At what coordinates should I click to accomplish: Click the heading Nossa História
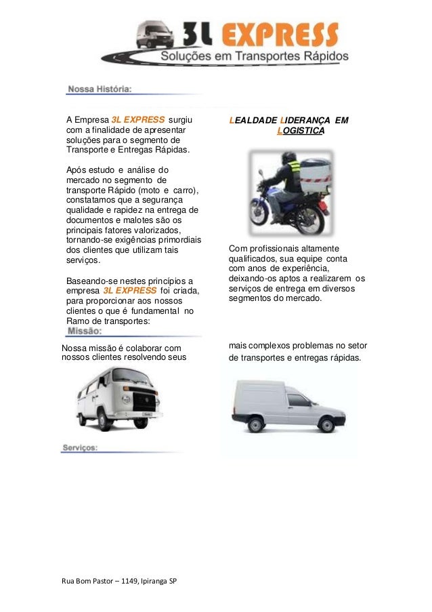click(99, 89)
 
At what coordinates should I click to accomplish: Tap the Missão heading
click(85, 331)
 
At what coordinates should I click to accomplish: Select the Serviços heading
click(80, 447)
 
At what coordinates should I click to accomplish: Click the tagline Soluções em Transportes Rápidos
click(254, 56)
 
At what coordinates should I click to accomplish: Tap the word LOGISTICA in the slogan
click(301, 130)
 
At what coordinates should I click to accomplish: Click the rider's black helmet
click(289, 158)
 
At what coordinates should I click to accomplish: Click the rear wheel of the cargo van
click(255, 425)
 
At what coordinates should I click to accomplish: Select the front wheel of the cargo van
click(326, 425)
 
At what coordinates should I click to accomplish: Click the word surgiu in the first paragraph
click(179, 121)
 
